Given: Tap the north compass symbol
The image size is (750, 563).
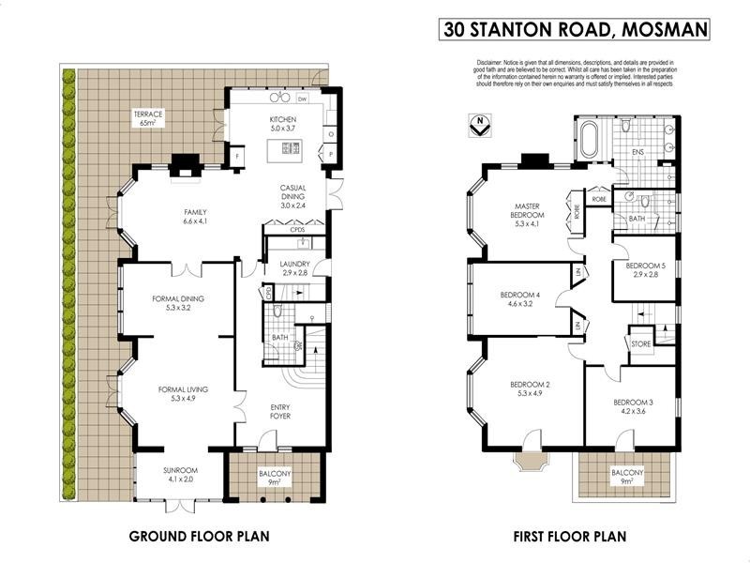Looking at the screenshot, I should (480, 123).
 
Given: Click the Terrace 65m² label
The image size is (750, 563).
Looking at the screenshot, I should (151, 118).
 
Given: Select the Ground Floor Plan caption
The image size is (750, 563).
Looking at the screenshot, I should (199, 538).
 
